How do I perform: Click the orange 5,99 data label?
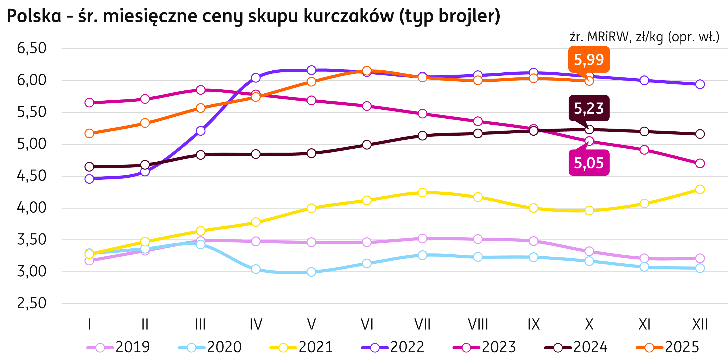click(589, 60)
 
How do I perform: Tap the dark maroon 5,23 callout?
click(589, 109)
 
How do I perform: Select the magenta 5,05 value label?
click(589, 163)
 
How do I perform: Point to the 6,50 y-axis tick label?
click(31, 48)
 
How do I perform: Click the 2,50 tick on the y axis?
click(31, 303)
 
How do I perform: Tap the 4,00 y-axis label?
click(31, 208)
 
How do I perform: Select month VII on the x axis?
click(422, 324)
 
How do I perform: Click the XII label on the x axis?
click(700, 324)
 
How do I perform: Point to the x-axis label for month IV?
click(256, 324)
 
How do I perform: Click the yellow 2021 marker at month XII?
click(700, 189)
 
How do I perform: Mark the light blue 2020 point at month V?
click(311, 272)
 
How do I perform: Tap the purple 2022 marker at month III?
click(200, 131)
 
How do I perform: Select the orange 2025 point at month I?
click(89, 133)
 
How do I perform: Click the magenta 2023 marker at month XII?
click(700, 163)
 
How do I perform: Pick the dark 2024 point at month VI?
click(367, 145)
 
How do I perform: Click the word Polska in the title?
click(34, 16)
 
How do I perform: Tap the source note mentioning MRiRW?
click(644, 37)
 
